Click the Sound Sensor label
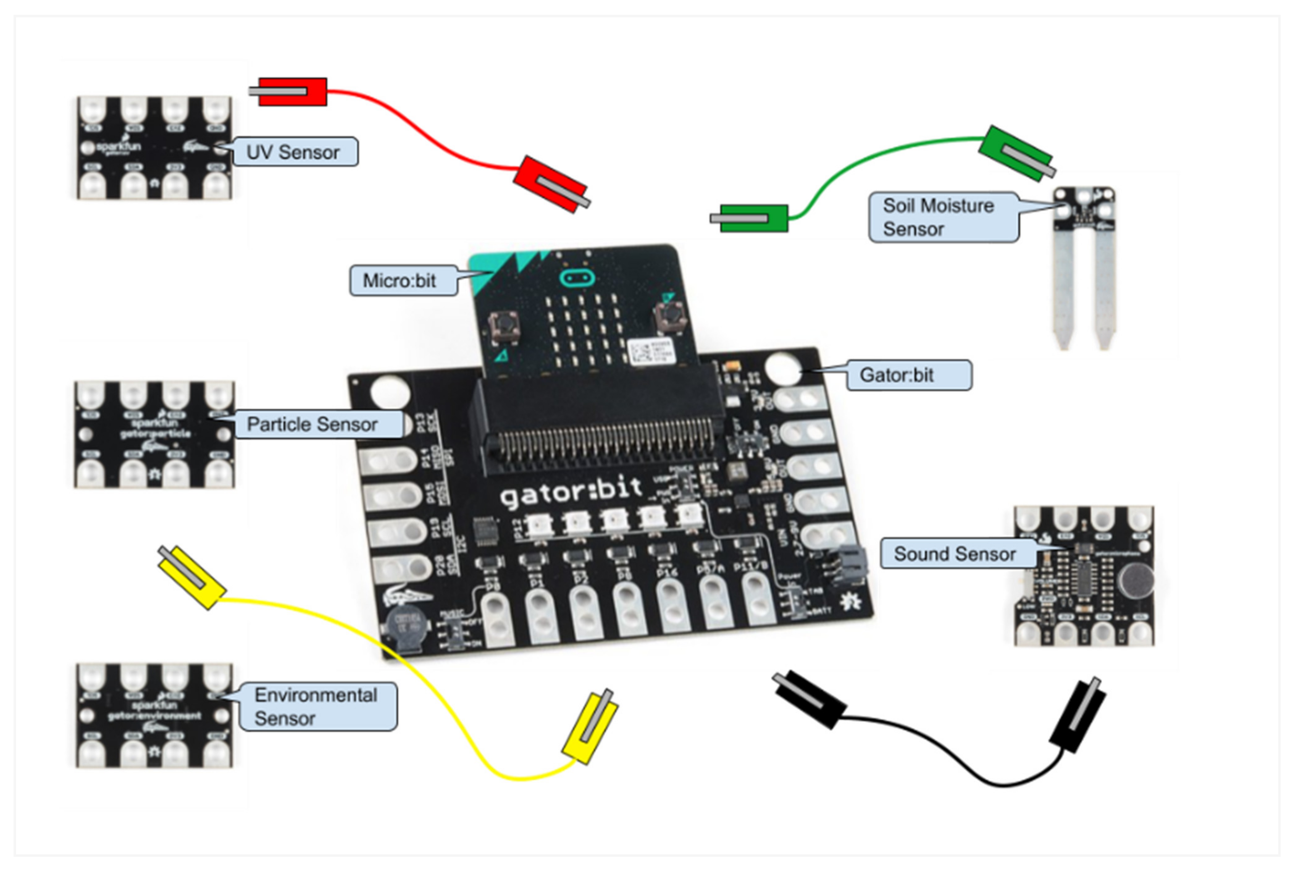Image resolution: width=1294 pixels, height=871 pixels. point(955,554)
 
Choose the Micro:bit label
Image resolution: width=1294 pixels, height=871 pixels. point(400,280)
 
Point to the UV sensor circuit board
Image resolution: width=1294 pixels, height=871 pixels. point(154,148)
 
